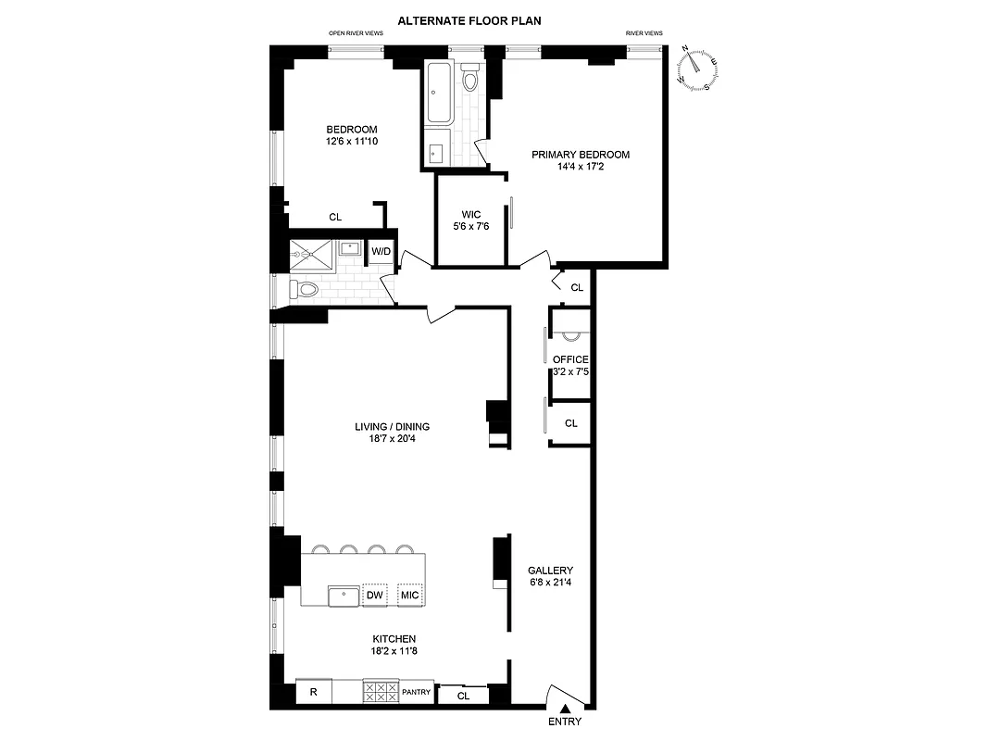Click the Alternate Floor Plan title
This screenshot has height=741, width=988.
(469, 20)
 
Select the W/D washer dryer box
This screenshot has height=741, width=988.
(381, 251)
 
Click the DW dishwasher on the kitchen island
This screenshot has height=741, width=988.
(375, 595)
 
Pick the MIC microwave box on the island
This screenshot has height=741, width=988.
(409, 595)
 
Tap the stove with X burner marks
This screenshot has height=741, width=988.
(380, 691)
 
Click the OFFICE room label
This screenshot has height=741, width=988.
(570, 359)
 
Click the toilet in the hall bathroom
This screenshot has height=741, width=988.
(305, 290)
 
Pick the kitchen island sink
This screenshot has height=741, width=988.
(344, 595)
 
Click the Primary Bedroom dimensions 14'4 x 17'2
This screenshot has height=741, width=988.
(581, 168)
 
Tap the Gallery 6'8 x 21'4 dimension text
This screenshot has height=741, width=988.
(550, 584)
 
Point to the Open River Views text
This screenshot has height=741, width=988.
(356, 33)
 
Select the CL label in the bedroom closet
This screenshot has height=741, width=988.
(335, 218)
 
